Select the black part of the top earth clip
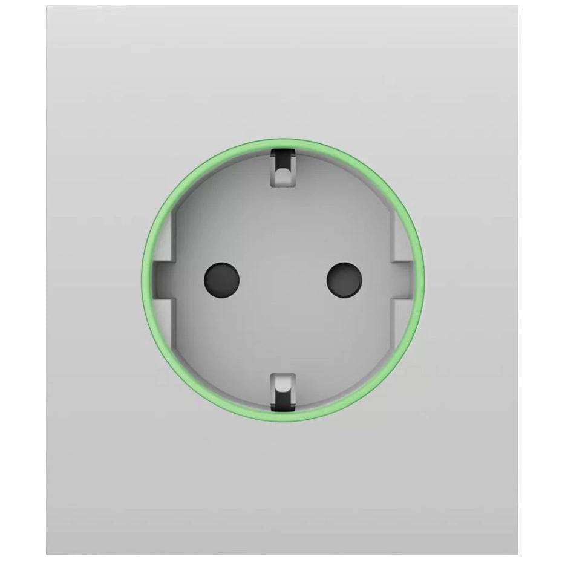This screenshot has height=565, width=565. (282, 162)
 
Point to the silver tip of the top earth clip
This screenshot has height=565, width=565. (282, 176)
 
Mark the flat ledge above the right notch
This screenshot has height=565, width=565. (399, 239)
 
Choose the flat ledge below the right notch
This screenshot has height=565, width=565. (399, 321)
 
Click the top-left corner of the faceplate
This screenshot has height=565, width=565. (47, 7)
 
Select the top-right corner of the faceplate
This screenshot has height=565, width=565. (518, 7)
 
